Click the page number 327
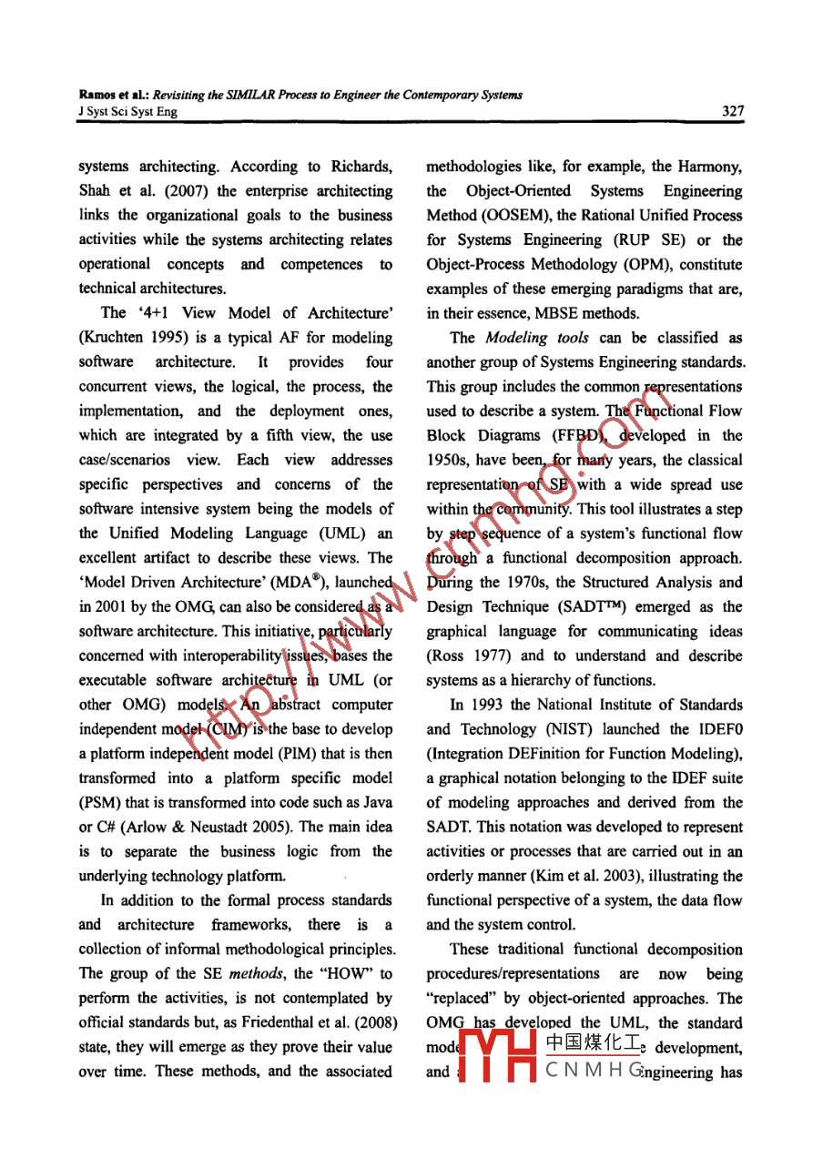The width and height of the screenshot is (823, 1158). coord(731,111)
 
